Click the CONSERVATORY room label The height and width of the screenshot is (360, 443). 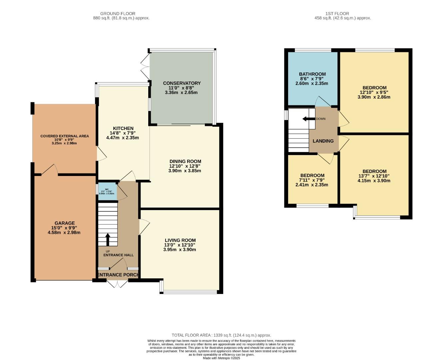182,83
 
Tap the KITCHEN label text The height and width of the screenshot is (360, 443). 123,128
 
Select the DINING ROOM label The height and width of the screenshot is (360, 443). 185,161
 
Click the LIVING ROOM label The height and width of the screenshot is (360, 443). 180,240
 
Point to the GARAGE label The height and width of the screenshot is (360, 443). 64,223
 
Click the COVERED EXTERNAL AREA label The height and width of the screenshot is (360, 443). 64,136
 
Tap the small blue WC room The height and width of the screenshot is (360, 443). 107,192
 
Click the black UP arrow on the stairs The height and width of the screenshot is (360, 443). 108,239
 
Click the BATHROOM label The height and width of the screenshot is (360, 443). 312,74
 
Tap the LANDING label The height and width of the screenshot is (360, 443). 323,141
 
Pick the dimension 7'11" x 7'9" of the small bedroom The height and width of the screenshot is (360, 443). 312,180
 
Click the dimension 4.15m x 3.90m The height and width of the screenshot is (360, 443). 374,181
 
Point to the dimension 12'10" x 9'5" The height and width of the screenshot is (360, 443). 374,92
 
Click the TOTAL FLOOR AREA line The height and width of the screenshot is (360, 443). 221,335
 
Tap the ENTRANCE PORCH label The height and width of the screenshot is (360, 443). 118,275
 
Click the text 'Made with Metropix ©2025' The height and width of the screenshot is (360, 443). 221,358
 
